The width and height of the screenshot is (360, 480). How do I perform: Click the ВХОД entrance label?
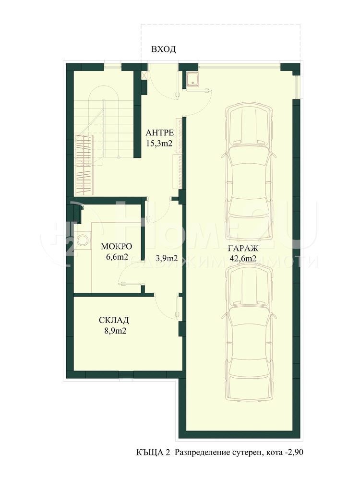click(x=164, y=49)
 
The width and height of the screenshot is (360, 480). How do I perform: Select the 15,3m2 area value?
click(x=159, y=143)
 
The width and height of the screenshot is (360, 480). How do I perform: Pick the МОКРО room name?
click(x=116, y=246)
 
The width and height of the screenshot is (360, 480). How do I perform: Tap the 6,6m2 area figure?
click(x=116, y=257)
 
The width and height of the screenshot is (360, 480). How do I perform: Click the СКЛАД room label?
click(x=114, y=320)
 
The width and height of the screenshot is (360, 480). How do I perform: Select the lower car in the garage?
click(x=249, y=331)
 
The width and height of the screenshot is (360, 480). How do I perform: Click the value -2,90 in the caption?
click(x=294, y=452)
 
